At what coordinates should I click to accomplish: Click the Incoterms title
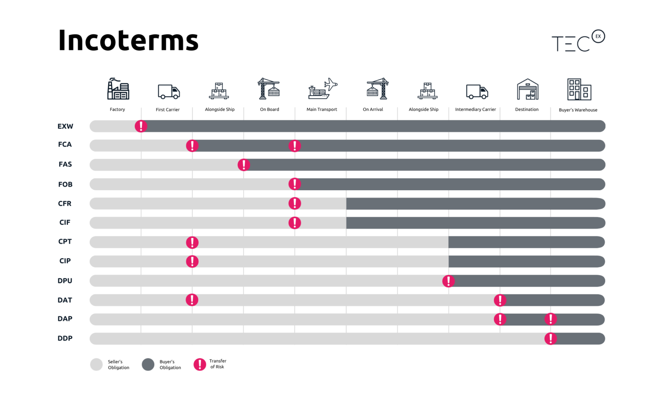coord(128,40)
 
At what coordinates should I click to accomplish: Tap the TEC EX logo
coord(578,41)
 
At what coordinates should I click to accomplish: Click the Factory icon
coord(118,89)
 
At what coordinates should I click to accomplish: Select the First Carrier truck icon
coord(169,92)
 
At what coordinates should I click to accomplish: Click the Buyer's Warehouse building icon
coord(579,89)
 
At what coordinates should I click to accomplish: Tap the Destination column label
coord(526,109)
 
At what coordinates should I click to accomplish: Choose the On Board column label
coord(270,109)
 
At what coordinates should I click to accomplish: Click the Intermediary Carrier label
coord(475,109)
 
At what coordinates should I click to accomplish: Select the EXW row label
coord(65,126)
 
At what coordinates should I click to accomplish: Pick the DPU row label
coord(65,281)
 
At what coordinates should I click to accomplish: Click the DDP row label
coord(65,338)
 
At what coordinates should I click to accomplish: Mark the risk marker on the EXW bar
coord(141,126)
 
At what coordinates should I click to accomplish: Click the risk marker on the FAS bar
coord(244,165)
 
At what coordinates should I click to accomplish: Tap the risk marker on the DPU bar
coord(448,281)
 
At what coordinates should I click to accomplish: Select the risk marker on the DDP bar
coord(550,339)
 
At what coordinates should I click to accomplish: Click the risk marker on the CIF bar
coord(295,223)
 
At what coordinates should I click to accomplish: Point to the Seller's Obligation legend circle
coord(96,364)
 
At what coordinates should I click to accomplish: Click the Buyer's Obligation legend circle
coord(148,364)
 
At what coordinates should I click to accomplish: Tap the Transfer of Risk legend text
coord(217,364)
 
